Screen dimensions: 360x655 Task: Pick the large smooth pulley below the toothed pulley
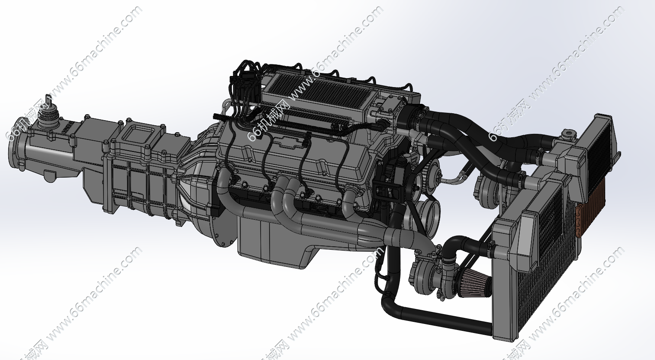tap(428, 215)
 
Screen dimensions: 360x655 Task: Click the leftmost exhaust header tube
tap(223, 189)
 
